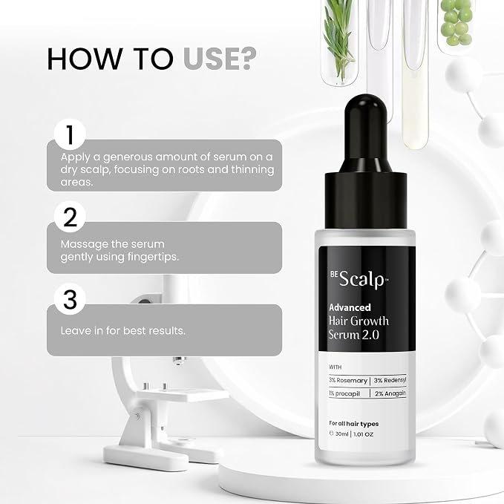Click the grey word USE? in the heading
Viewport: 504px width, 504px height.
[x=220, y=59]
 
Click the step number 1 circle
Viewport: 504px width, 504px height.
[x=70, y=134]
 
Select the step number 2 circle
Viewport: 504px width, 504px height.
[x=70, y=217]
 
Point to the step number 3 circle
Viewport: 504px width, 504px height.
[x=70, y=300]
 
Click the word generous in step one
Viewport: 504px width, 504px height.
[x=128, y=157]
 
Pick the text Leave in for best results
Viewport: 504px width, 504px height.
[x=123, y=330]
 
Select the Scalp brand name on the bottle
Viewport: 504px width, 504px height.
[x=362, y=278]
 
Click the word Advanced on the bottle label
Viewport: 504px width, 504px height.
[x=350, y=307]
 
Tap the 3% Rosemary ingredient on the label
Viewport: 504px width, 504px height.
[x=348, y=381]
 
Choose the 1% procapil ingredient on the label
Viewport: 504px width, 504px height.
[x=344, y=393]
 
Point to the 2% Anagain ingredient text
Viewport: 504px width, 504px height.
[x=390, y=393]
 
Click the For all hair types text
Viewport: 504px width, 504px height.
[x=354, y=424]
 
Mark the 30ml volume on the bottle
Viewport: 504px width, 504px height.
[x=341, y=434]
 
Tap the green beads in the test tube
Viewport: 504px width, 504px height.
[x=456, y=22]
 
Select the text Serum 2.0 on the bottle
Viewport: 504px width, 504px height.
[x=354, y=335]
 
